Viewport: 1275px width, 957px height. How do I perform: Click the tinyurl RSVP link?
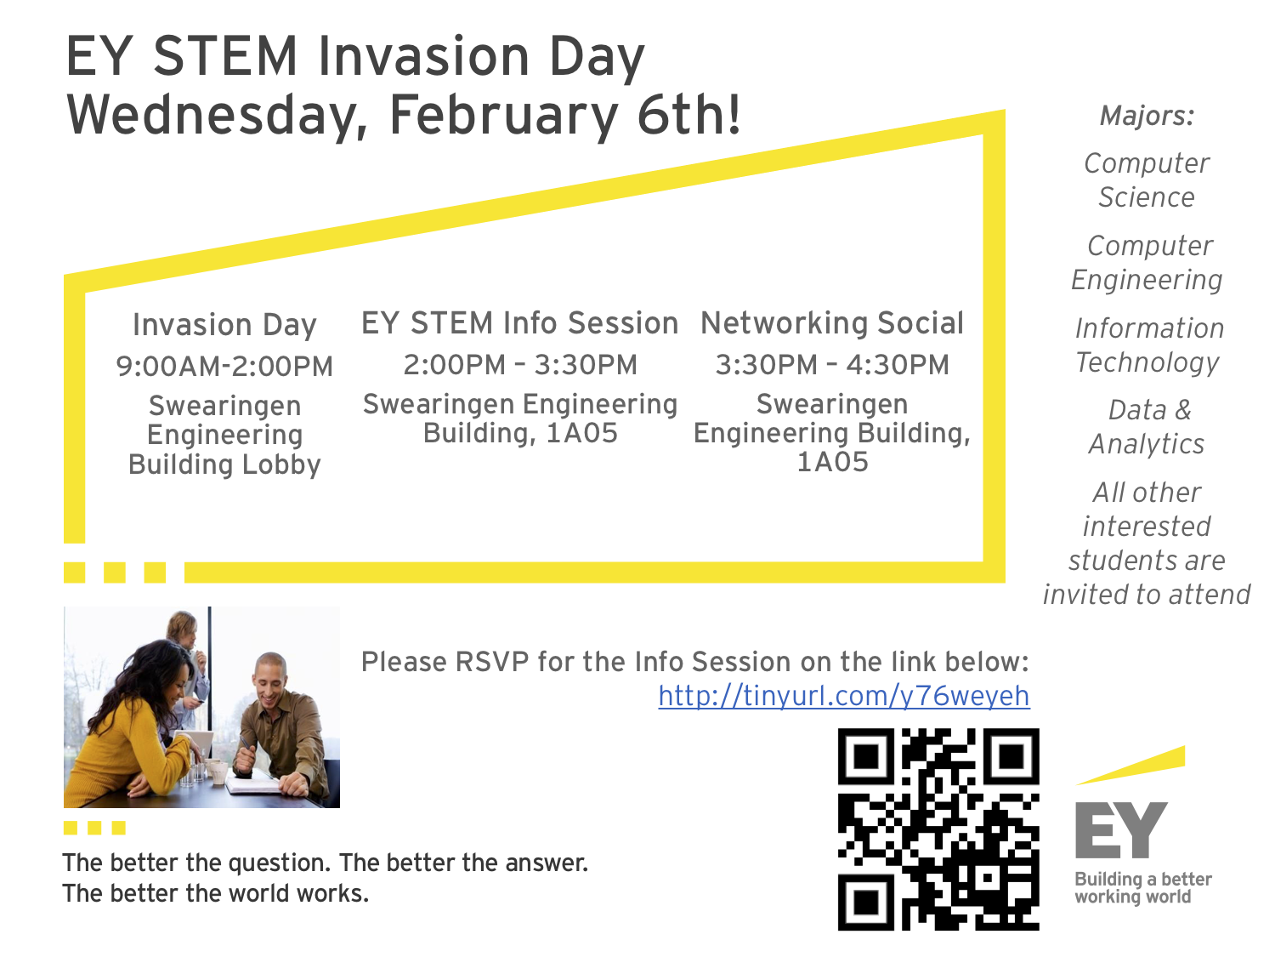[843, 696]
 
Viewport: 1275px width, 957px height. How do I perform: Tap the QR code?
[938, 829]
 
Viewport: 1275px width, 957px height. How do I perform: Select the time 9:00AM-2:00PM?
[224, 367]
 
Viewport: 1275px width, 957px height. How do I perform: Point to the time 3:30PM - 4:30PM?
[832, 365]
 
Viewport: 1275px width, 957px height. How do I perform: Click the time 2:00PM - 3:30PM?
[520, 365]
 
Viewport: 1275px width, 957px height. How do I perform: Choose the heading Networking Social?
[832, 323]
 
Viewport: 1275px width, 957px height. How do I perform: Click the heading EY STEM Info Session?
[520, 323]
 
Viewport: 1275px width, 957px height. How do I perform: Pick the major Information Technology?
[1148, 345]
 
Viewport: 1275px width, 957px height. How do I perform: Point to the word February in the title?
[503, 115]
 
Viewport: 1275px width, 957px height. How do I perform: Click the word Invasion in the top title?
[423, 56]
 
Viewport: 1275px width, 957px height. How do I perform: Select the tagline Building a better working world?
[1143, 888]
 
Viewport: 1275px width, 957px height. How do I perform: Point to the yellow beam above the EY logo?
[1130, 766]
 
